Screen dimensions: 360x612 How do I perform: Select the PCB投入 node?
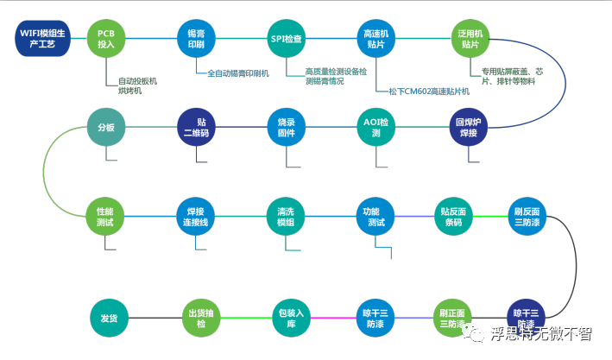click(106, 39)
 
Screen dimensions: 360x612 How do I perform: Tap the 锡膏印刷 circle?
click(196, 39)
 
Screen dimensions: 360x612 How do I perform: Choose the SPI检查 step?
click(286, 39)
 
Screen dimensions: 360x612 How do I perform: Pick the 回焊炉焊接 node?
click(467, 127)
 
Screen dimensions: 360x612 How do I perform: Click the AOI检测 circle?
click(376, 127)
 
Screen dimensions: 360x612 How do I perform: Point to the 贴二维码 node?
click(196, 127)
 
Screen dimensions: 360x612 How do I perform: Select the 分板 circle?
click(106, 127)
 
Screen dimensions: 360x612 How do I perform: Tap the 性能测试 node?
click(106, 217)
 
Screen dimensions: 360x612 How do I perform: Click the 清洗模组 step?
click(286, 217)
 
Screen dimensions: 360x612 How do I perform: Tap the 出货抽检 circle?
click(196, 318)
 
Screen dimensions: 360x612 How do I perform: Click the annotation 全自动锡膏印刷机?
click(238, 73)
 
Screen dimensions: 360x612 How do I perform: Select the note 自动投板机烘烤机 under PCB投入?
click(137, 85)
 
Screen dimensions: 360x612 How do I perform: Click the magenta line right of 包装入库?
click(331, 318)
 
